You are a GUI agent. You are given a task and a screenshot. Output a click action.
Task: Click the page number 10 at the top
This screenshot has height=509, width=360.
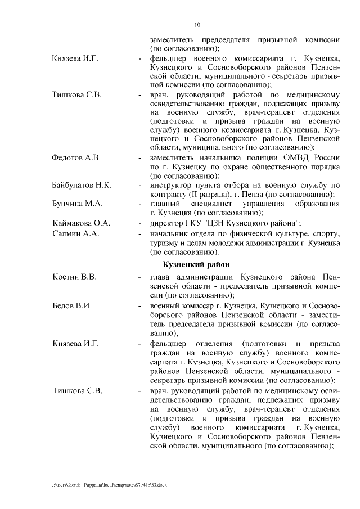pyautogui.click(x=197, y=24)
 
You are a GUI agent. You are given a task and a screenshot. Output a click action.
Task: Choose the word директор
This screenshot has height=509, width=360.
pyautogui.click(x=167, y=223)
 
